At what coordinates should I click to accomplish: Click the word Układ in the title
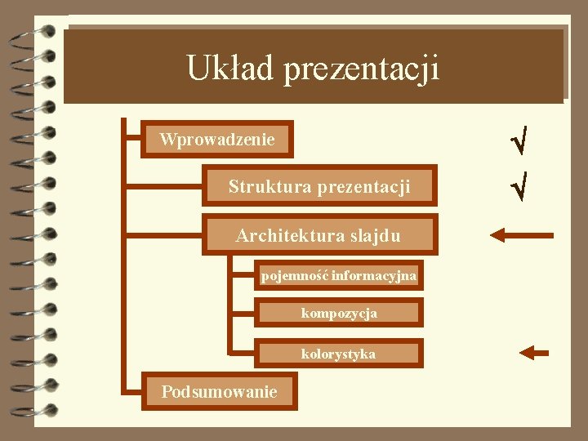click(230, 68)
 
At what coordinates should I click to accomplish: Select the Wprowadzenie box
click(217, 140)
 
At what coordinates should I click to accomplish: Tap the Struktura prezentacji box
click(319, 186)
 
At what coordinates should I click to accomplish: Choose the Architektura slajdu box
click(319, 235)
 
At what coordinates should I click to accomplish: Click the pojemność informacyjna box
click(339, 276)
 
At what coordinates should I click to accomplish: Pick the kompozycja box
click(339, 313)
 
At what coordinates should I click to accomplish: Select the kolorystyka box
click(339, 354)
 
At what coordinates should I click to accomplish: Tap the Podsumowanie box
click(219, 392)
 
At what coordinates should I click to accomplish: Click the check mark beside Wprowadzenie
click(518, 141)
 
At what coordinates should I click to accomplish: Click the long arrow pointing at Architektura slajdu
click(521, 235)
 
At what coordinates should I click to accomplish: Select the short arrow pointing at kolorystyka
click(535, 353)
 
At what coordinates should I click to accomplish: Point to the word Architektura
click(286, 236)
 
